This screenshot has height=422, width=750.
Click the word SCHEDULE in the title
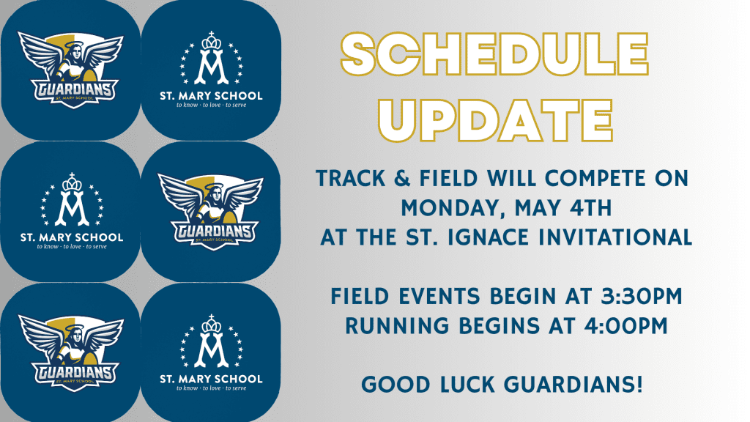pos(494,53)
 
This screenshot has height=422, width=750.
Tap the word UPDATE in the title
pos(496,121)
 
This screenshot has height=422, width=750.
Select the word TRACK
pos(351,179)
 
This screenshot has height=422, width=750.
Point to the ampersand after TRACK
pos(403,179)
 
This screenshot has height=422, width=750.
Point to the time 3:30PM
pos(642,296)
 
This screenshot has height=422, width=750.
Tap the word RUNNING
pos(398,326)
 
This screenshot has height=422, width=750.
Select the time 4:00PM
pos(626,326)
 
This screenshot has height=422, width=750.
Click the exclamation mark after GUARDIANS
pos(639,385)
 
